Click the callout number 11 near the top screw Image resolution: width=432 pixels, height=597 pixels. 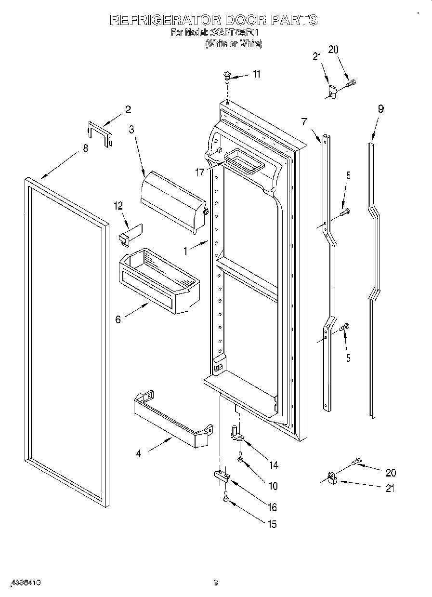256,74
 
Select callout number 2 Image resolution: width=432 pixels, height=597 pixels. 128,109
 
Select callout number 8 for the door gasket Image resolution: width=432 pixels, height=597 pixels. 86,148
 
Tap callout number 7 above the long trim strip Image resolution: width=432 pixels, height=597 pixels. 304,122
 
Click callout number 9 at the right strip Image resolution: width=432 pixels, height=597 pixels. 380,109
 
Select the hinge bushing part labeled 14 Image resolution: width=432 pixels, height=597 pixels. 237,432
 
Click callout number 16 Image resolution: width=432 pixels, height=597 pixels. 273,507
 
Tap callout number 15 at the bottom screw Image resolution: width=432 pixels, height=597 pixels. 272,524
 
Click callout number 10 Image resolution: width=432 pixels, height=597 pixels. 273,487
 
